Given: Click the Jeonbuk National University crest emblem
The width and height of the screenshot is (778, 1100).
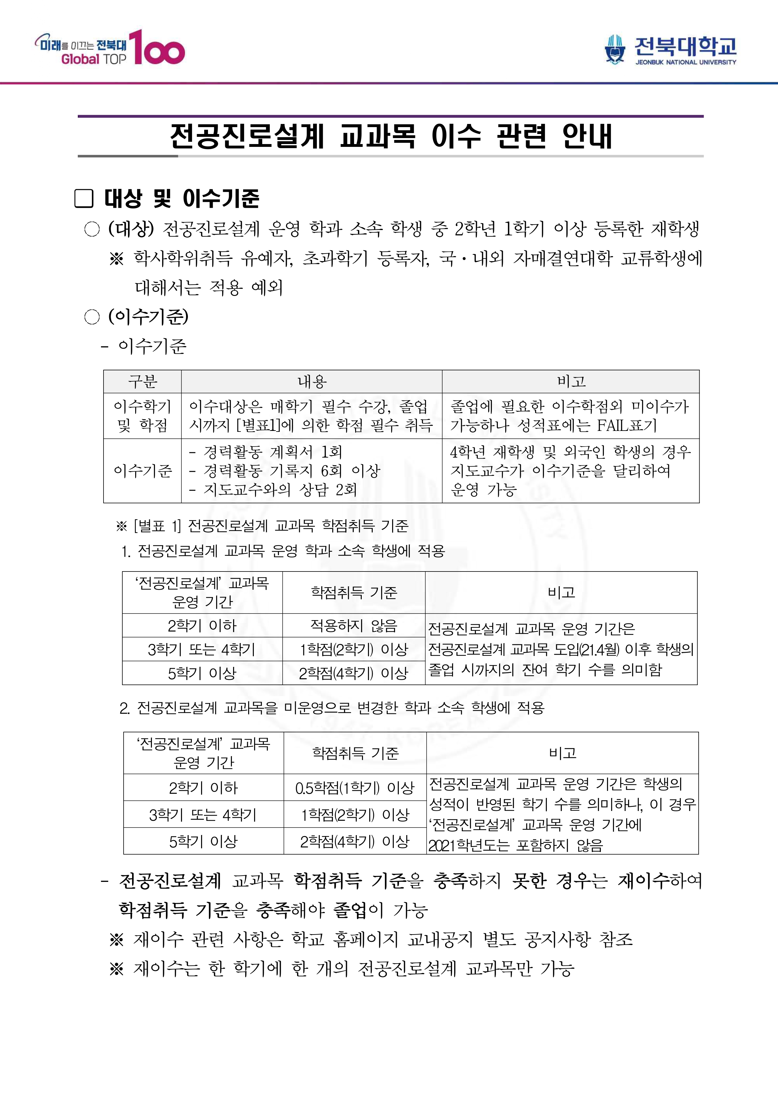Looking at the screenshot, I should coord(615,49).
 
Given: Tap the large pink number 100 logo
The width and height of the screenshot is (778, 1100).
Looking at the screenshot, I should coord(157,48).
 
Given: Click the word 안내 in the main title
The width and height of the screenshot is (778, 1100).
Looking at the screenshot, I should coord(587,136).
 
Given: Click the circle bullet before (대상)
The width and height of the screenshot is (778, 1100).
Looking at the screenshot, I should coord(92,229).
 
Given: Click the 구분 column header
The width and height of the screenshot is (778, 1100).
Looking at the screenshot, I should coord(142,382).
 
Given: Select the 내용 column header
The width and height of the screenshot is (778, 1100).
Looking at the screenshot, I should coord(312,382).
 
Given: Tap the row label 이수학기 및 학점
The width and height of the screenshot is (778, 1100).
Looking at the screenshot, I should coord(142,416).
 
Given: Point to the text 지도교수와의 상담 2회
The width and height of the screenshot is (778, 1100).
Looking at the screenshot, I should coord(280,489).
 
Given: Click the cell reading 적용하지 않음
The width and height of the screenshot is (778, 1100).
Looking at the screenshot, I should coord(354,625).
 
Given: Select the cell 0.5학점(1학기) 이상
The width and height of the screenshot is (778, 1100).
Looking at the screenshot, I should coord(354,787).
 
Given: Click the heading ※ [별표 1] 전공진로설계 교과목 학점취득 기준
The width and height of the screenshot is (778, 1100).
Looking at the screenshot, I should coord(262,526).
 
